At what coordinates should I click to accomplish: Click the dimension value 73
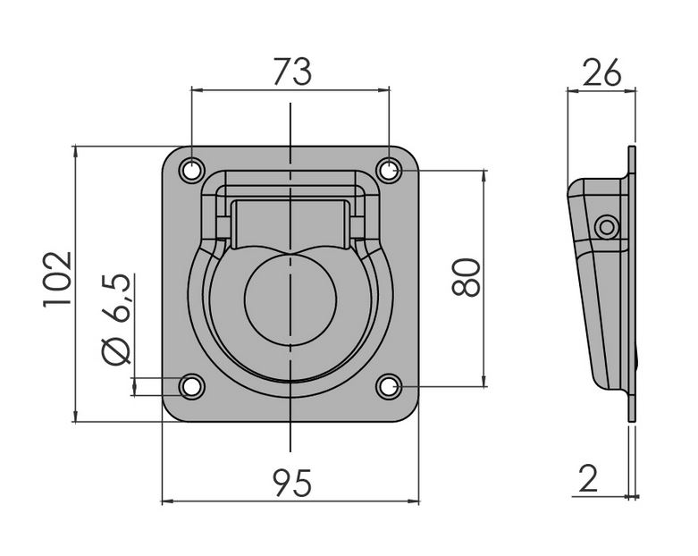click(292, 72)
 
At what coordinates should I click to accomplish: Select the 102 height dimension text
click(57, 279)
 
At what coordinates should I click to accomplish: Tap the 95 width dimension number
click(292, 483)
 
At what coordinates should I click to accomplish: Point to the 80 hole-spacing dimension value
click(466, 278)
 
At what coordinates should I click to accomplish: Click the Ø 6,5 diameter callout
click(115, 320)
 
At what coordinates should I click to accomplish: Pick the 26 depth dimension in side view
click(601, 72)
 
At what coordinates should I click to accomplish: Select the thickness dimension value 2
click(588, 478)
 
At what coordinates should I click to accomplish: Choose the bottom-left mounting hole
click(192, 386)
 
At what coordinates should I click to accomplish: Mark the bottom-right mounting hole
click(389, 386)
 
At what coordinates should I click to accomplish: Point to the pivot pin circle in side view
click(607, 227)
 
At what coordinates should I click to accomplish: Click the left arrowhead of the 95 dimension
click(167, 501)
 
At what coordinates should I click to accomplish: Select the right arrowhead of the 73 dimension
click(383, 90)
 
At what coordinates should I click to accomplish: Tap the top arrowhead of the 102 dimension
click(76, 151)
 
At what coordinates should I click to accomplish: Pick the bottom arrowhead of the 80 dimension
click(484, 381)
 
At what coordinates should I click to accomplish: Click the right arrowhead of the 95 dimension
click(414, 501)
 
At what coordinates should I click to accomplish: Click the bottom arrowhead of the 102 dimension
click(76, 416)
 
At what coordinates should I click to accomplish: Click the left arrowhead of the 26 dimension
click(573, 91)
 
